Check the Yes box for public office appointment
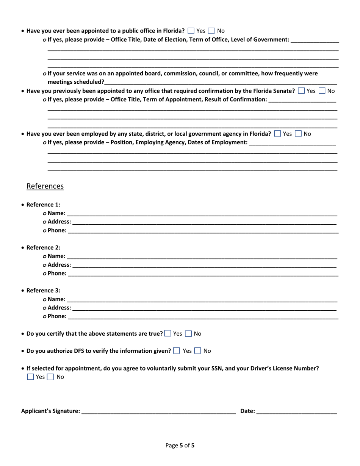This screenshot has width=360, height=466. tap(191, 31)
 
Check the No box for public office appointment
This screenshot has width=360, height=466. tap(212, 31)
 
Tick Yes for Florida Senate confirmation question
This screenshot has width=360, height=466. tap(301, 91)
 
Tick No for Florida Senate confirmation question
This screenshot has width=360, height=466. tap(322, 91)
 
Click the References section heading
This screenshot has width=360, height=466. tap(45, 186)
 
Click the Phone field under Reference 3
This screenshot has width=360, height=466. tap(203, 316)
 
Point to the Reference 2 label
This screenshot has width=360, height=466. tap(43, 248)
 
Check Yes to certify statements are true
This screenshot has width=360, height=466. tap(168, 334)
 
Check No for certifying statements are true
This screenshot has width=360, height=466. tap(188, 334)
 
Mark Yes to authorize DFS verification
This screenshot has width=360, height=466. tap(177, 351)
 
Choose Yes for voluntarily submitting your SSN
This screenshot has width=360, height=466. tap(30, 377)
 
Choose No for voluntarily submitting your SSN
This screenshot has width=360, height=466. tap(51, 377)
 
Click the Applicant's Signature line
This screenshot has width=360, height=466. tap(158, 411)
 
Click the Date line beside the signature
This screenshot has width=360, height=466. tap(296, 411)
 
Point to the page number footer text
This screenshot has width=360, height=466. tap(180, 446)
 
